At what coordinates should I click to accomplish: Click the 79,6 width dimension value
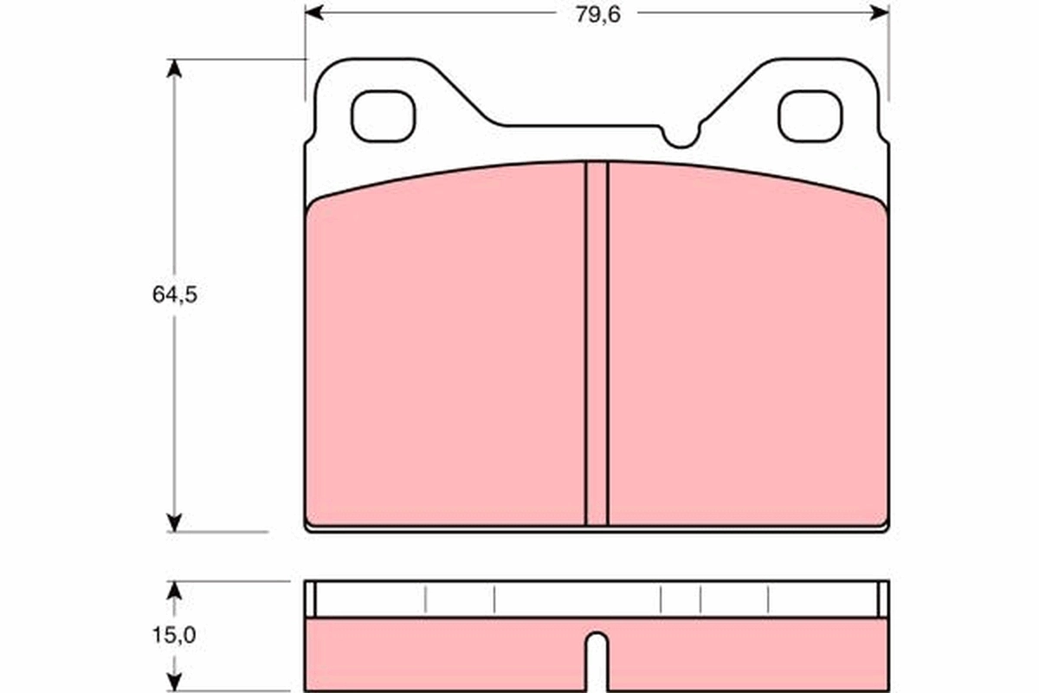point(597,13)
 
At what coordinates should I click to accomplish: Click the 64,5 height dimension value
point(175,295)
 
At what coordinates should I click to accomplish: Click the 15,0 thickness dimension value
point(175,635)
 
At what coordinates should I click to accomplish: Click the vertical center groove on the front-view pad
point(597,346)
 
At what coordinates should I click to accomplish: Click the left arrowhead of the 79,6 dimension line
point(313,13)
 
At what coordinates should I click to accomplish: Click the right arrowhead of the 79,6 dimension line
point(881,13)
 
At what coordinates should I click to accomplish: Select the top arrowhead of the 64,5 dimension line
point(175,68)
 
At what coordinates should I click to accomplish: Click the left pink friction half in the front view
point(446,355)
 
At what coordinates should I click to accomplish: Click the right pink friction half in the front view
point(747,355)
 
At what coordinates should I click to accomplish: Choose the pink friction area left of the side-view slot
point(446,654)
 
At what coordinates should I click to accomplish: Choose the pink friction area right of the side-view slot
point(747,654)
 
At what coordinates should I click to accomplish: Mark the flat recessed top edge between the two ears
point(580,126)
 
